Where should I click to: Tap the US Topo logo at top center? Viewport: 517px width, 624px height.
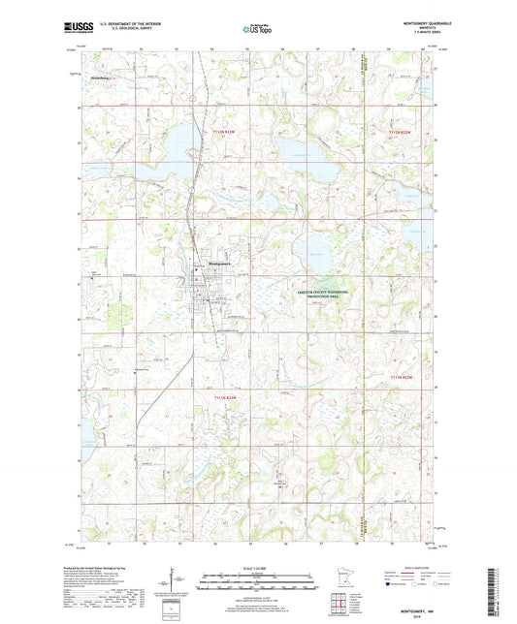pos(257,30)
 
